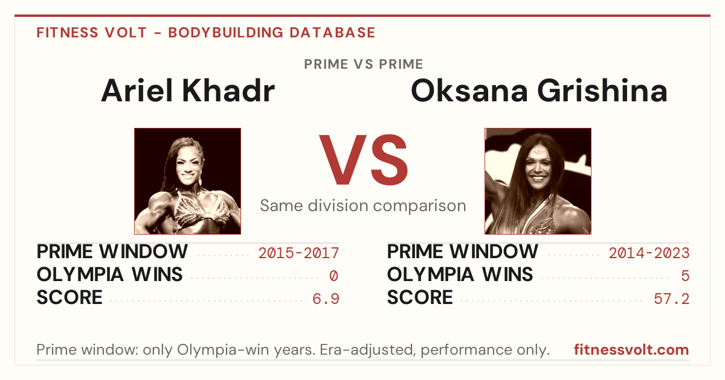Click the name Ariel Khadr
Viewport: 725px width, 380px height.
pos(188,91)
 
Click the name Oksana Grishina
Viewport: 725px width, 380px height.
pos(539,91)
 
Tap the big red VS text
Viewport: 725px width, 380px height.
pos(363,160)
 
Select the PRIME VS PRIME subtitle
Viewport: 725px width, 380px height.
pos(363,65)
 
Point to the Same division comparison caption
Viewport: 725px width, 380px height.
pos(363,206)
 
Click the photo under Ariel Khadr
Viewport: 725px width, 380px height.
pos(188,182)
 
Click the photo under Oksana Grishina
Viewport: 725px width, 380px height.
pos(538,182)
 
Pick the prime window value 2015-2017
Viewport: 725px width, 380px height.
pos(298,253)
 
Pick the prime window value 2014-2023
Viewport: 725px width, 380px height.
pos(649,253)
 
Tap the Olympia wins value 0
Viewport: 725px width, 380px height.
pos(333,276)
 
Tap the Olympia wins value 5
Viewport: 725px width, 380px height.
pos(685,276)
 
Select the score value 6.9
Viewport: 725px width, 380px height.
pos(326,299)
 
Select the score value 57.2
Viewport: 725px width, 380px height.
pos(672,299)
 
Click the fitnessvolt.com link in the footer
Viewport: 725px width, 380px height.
pos(631,350)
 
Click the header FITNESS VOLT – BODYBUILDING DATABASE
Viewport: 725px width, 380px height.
pos(206,33)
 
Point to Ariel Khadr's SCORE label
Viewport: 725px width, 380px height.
pos(69,297)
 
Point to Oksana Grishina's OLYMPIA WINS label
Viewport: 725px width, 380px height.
pos(460,274)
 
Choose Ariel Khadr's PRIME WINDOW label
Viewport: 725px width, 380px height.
pos(112,252)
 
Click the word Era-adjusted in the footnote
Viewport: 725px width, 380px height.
pos(368,350)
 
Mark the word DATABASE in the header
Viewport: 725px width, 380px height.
pos(332,33)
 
